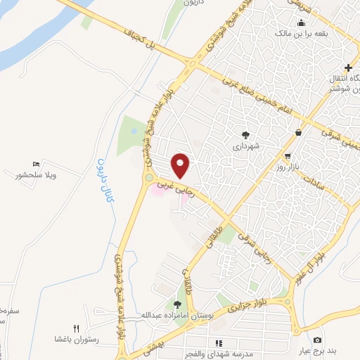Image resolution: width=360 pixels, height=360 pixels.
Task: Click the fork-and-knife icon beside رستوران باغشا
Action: pos(77,328)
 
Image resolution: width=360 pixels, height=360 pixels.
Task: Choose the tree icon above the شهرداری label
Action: pos(245,134)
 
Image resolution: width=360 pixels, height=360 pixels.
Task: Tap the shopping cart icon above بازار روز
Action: pos(288,155)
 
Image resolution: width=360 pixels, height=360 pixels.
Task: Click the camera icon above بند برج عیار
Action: pos(316,340)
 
